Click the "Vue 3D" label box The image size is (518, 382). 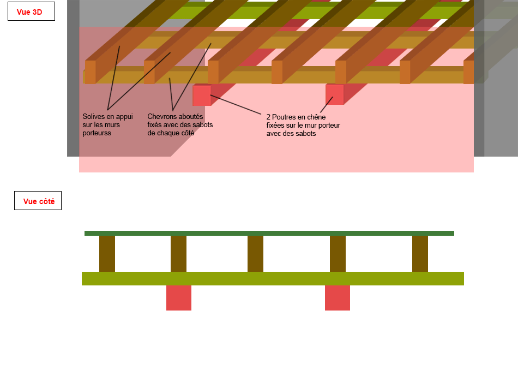(31, 11)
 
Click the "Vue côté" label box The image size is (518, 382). (38, 201)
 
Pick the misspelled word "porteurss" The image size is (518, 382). (97, 133)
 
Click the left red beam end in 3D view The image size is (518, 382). (201, 95)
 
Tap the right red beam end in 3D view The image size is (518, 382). (334, 95)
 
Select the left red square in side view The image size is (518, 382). (179, 298)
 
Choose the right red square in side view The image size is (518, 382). (338, 298)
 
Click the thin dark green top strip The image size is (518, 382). (269, 234)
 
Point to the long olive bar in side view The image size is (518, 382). (273, 278)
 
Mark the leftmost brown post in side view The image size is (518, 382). (107, 254)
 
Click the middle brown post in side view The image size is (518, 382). (255, 254)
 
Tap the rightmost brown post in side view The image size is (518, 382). (420, 254)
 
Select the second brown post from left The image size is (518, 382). (178, 254)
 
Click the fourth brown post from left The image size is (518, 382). (338, 254)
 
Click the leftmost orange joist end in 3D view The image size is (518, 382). (90, 72)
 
